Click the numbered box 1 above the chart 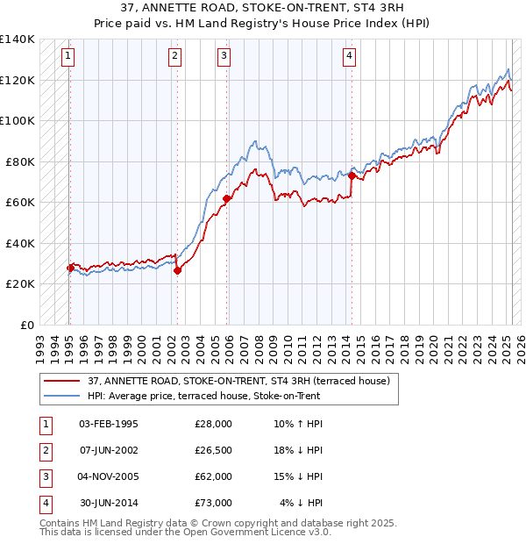[68, 57]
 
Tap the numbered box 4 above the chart [349, 57]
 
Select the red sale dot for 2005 [226, 198]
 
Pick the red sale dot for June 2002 [177, 270]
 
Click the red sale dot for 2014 [352, 175]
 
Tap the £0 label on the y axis [26, 325]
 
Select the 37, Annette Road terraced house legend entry [244, 381]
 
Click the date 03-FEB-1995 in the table [109, 424]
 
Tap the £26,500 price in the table [214, 450]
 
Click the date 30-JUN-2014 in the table [109, 503]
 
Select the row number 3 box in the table [45, 476]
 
